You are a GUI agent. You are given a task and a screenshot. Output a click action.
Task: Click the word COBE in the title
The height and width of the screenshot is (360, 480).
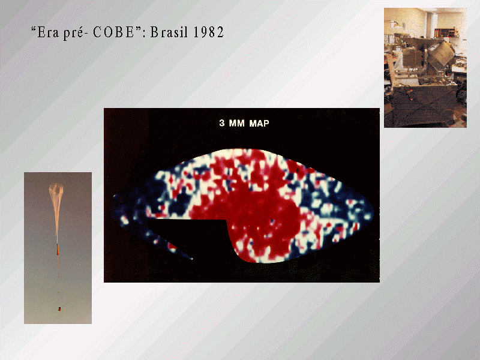(113, 32)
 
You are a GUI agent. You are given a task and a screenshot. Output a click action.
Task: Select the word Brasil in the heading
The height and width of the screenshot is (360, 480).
(169, 32)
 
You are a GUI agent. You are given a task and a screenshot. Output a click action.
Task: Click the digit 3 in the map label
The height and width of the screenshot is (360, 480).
(222, 123)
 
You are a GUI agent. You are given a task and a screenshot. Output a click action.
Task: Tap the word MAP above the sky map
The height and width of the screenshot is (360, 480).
(259, 123)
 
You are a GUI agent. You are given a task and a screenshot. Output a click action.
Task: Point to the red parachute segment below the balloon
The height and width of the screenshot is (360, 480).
(57, 249)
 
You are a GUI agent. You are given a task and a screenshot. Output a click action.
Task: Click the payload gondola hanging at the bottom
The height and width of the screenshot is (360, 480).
(59, 309)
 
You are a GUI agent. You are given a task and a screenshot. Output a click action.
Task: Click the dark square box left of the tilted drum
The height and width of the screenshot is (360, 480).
(412, 58)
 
